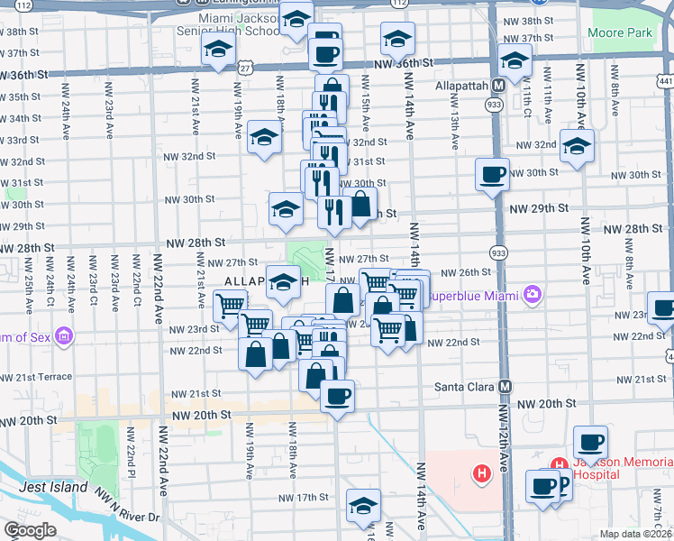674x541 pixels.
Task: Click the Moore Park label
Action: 619,33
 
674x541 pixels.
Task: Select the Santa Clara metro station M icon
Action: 505,386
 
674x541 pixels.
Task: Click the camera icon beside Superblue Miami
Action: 533,295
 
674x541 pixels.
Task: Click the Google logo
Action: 30,530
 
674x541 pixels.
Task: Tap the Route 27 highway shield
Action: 244,68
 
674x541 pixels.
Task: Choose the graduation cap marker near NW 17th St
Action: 363,505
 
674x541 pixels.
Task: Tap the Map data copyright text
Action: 635,534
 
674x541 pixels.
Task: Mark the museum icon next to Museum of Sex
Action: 63,338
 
